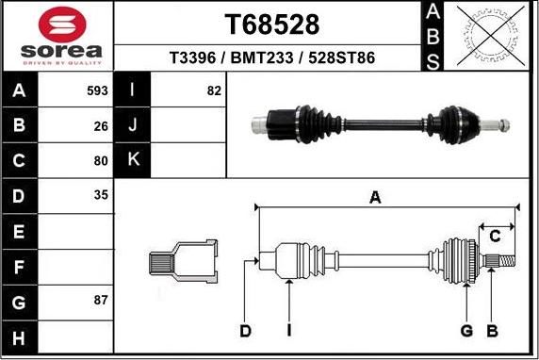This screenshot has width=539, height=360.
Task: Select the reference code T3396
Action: point(190,58)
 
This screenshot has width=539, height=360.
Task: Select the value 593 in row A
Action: point(96,91)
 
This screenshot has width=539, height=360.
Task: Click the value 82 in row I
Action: point(213,91)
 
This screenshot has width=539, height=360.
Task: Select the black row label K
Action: point(133,160)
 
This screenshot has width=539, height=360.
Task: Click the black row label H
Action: point(20,335)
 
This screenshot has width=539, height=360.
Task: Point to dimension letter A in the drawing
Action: point(375,197)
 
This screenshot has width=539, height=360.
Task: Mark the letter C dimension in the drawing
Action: point(493,236)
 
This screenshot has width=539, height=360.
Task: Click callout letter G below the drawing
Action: point(465,330)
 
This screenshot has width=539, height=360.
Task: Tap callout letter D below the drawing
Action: point(245,330)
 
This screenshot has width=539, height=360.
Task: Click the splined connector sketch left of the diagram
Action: point(181,261)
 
